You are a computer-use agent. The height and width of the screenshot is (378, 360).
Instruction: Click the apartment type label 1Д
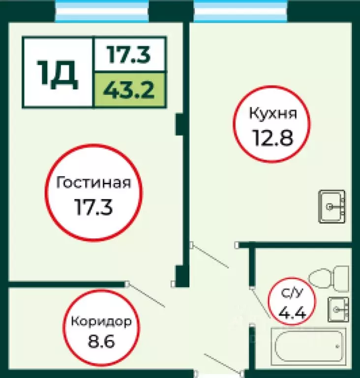[58, 73]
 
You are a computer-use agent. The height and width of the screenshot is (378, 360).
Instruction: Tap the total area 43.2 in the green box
[129, 90]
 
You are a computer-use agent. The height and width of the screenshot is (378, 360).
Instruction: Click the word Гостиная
[93, 183]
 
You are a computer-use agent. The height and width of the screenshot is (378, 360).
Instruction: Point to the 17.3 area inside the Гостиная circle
[93, 207]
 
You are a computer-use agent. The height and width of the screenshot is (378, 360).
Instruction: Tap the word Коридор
[101, 322]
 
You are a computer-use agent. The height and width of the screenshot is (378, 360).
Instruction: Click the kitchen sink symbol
[333, 206]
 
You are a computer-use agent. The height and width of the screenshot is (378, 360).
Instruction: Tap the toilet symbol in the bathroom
[329, 278]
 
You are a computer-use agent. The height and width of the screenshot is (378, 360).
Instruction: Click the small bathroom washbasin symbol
[338, 309]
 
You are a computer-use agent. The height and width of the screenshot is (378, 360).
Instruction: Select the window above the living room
[102, 11]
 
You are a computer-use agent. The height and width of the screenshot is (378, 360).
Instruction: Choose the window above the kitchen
[240, 11]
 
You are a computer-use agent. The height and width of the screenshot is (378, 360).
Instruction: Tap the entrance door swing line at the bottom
[221, 363]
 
